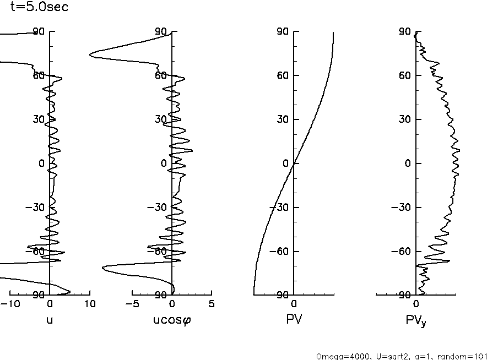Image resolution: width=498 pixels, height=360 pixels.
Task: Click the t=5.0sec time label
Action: [40, 8]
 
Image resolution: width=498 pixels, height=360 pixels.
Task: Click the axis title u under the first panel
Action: [50, 318]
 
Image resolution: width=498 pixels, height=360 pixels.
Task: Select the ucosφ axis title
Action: [172, 319]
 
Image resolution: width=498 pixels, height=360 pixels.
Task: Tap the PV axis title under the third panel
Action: [294, 318]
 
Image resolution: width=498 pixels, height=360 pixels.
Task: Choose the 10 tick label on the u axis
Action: [89, 304]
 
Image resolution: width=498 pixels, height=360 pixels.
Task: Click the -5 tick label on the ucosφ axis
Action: [132, 304]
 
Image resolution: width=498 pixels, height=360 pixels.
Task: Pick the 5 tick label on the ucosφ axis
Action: [212, 304]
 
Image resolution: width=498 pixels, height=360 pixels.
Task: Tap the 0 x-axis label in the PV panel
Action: [294, 304]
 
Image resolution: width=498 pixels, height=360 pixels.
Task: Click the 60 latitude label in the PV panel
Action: [283, 75]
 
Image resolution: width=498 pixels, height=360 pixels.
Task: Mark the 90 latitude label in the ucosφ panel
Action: [161, 32]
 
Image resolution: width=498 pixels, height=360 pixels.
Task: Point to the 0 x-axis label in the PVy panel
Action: [416, 304]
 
